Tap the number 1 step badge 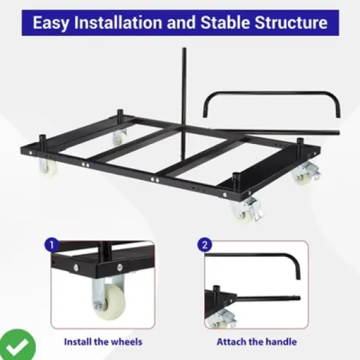point(50,245)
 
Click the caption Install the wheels point(102,342)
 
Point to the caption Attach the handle point(257,342)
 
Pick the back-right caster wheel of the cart point(304,174)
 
